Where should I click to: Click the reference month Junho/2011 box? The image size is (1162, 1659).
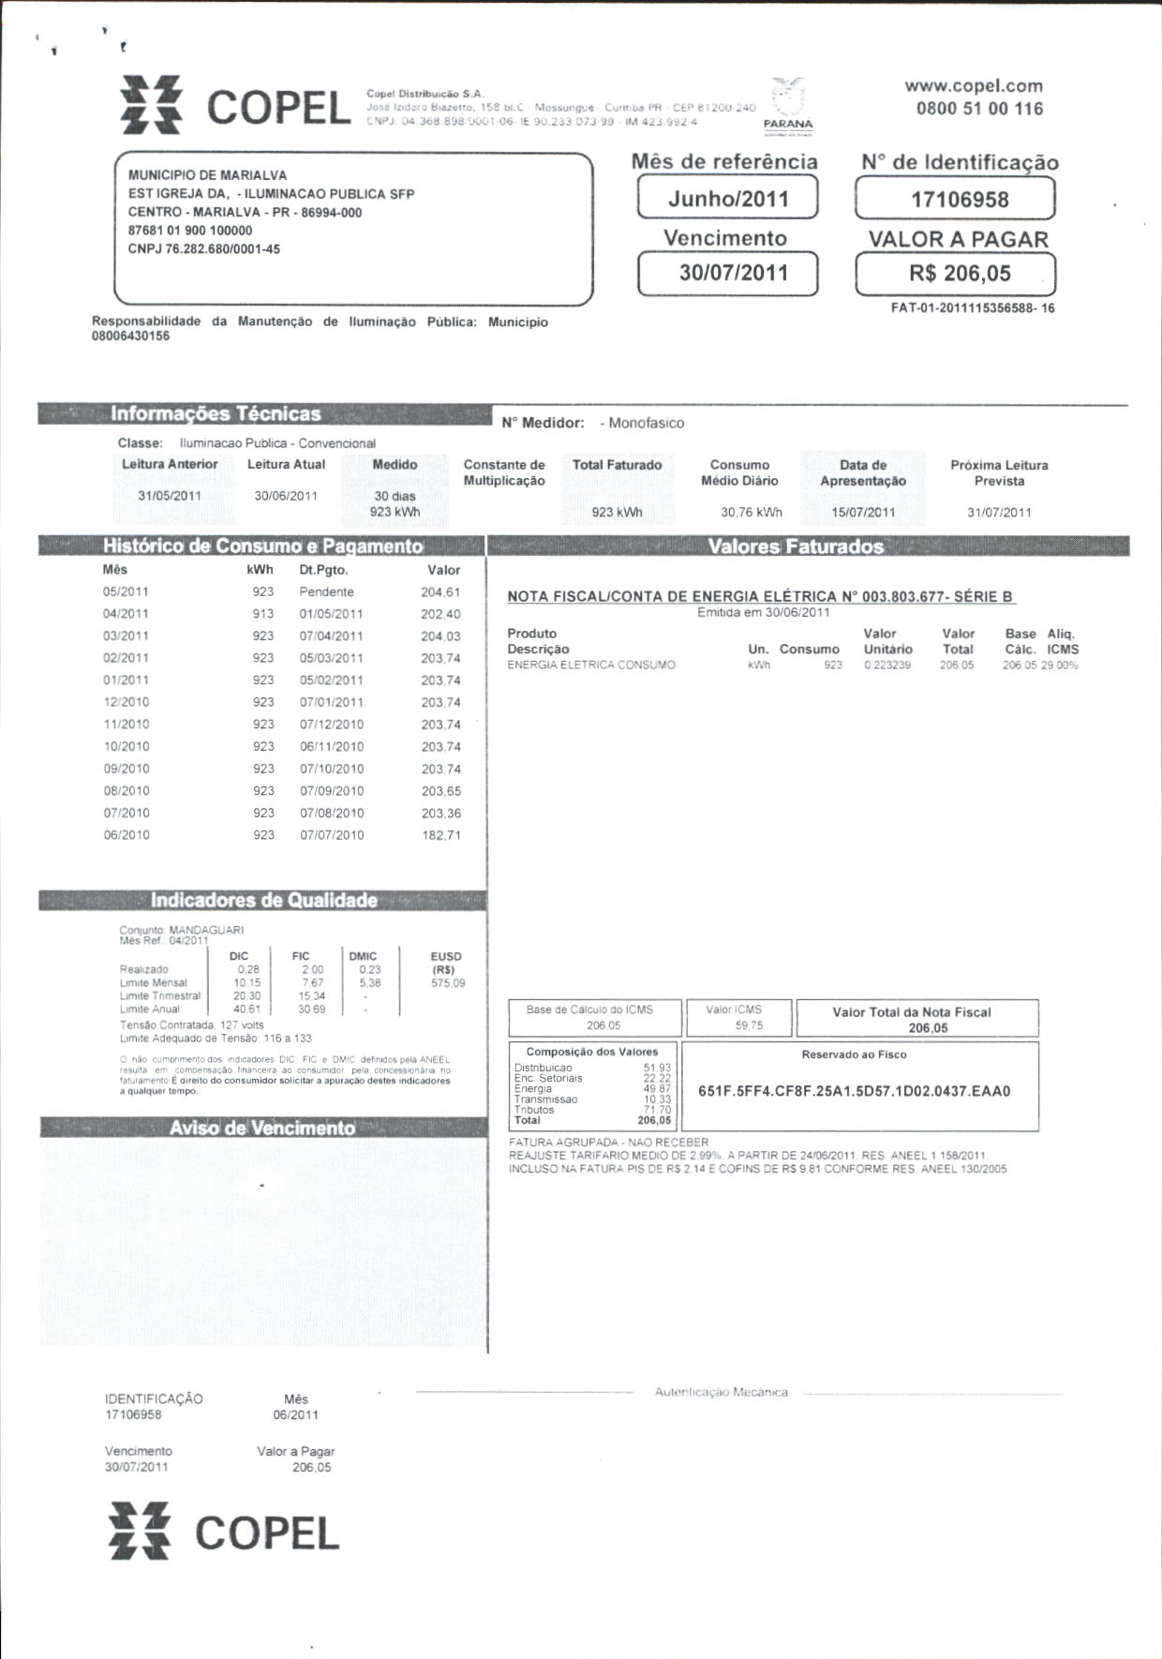(x=727, y=199)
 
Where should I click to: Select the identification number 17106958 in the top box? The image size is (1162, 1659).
(x=955, y=200)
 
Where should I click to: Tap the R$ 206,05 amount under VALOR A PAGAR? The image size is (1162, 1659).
(x=955, y=274)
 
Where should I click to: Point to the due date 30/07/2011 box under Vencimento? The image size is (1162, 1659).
(x=727, y=274)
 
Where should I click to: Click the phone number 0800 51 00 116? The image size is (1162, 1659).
(x=979, y=109)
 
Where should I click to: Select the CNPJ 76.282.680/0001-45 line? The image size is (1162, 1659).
(x=204, y=249)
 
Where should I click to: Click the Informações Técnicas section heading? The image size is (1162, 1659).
(x=216, y=414)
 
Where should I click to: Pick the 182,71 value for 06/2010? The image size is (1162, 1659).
(x=440, y=835)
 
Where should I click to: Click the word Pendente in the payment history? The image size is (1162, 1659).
(x=326, y=592)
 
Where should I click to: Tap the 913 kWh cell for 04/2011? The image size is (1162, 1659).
(x=263, y=614)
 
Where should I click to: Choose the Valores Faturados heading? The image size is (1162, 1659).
(x=796, y=546)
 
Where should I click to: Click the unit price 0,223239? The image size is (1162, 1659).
(x=886, y=665)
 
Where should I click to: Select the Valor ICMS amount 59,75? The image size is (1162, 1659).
(x=749, y=1025)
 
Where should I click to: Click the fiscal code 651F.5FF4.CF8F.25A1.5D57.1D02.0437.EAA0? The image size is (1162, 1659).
(x=854, y=1091)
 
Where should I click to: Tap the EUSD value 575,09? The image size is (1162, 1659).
(x=448, y=983)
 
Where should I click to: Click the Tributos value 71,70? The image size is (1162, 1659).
(x=657, y=1110)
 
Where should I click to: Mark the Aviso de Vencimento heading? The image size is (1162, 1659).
(x=262, y=1128)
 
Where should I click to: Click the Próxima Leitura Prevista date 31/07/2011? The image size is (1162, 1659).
(x=999, y=513)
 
